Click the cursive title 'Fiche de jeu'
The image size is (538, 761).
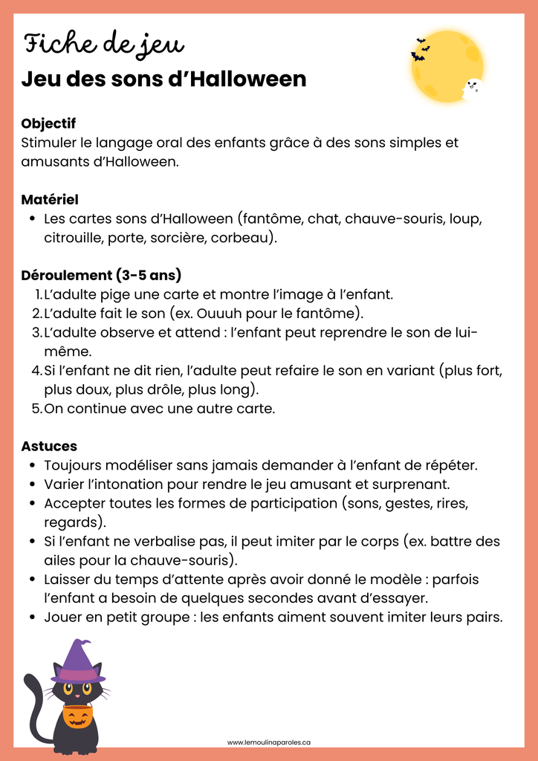point(103,45)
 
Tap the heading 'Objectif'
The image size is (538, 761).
point(48,123)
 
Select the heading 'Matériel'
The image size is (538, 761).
point(50,200)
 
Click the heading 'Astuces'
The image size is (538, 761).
point(49,446)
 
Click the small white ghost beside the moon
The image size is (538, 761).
point(473,88)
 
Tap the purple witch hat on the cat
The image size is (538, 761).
point(77,662)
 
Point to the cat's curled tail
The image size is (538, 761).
point(34,706)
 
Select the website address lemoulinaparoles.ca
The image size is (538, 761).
point(268,742)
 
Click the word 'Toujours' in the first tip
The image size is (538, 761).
point(72,465)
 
